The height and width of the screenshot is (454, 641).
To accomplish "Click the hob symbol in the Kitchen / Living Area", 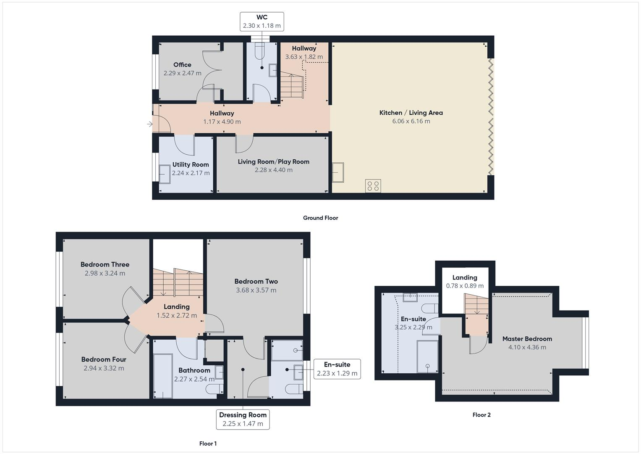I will (x=373, y=186).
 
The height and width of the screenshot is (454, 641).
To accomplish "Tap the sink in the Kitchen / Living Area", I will (x=338, y=172).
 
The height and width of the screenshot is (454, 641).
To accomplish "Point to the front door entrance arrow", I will (x=150, y=124).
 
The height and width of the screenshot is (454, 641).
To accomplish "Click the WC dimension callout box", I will (x=262, y=21).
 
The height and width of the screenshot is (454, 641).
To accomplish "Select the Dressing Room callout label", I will (x=243, y=419).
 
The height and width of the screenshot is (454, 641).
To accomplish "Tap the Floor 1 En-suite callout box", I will (x=337, y=369).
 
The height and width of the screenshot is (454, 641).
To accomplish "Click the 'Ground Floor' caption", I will (x=320, y=218).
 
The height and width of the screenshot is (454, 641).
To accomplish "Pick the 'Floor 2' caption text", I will (x=481, y=415).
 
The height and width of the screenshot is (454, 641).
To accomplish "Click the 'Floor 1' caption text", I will (x=208, y=443).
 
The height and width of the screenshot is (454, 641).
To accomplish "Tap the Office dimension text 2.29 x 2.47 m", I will (x=182, y=73).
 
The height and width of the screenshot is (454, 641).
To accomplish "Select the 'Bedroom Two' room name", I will (x=256, y=281).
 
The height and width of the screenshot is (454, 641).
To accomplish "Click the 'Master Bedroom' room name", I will (x=527, y=339).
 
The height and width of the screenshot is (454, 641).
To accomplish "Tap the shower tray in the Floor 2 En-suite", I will (x=427, y=356).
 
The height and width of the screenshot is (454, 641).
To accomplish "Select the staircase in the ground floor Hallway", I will (x=291, y=85).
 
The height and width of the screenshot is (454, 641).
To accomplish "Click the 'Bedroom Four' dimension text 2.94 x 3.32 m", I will (x=104, y=368).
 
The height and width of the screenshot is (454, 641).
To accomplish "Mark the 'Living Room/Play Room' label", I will (x=273, y=161).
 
